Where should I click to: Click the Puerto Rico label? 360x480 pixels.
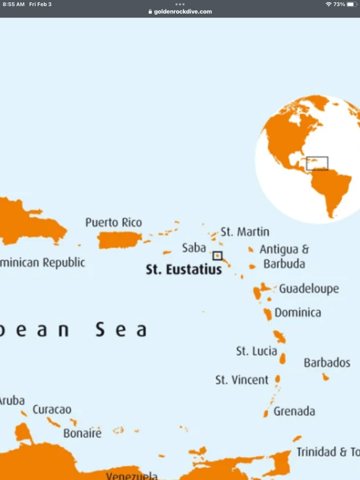click(114, 223)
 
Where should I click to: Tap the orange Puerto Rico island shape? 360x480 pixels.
click(119, 240)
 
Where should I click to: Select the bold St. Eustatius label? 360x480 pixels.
click(184, 270)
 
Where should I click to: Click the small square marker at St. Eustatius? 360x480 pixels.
click(217, 255)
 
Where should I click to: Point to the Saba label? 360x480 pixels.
click(194, 248)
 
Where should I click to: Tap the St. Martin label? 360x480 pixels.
click(245, 232)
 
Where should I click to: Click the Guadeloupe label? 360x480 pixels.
click(309, 289)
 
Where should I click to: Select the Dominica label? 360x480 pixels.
click(298, 312)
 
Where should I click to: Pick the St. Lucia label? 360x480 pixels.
click(256, 351)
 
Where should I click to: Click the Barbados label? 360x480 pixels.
click(327, 363)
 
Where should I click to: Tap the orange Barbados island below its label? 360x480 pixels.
click(326, 377)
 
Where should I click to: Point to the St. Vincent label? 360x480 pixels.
click(242, 380)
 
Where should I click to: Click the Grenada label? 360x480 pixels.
click(294, 411)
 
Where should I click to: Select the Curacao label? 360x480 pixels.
click(52, 410)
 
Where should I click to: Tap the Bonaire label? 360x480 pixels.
click(82, 433)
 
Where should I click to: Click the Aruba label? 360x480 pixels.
click(12, 401)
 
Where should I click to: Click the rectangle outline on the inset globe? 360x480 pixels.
click(317, 163)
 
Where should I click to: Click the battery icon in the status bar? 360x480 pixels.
click(352, 4)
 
